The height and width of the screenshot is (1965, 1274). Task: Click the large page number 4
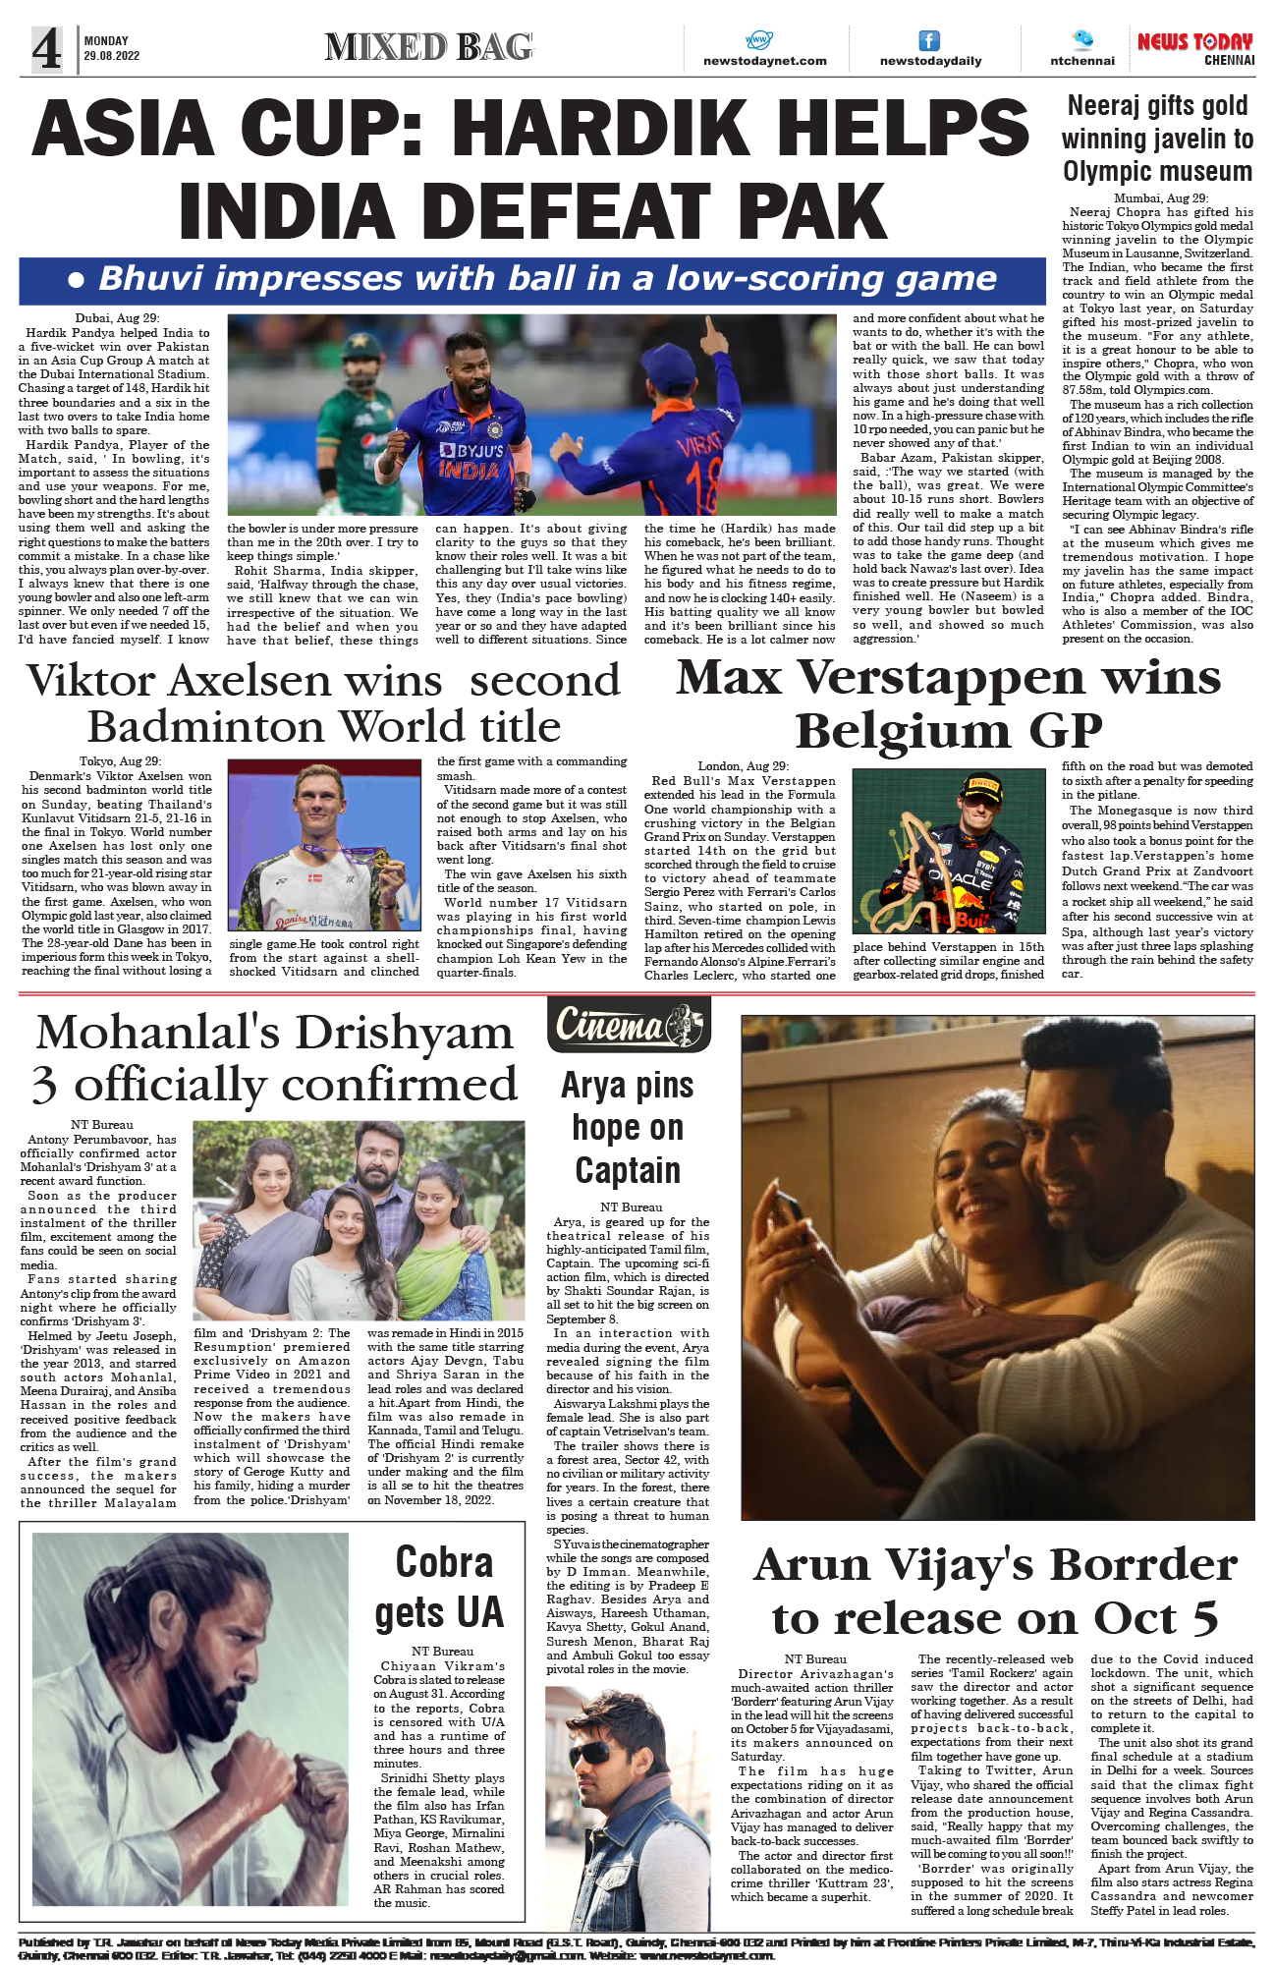pyautogui.click(x=46, y=49)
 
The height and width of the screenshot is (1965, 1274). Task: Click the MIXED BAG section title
pyautogui.click(x=428, y=46)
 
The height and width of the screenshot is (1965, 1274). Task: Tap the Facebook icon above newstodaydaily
pyautogui.click(x=928, y=40)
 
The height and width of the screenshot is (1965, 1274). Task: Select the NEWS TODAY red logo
pyautogui.click(x=1194, y=42)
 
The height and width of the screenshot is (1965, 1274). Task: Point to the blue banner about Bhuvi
pyautogui.click(x=531, y=280)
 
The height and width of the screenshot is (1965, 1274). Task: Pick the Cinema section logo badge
pyautogui.click(x=629, y=1025)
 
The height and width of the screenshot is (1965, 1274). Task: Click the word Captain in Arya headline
pyautogui.click(x=628, y=1170)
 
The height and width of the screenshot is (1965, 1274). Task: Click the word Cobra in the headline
pyautogui.click(x=444, y=1562)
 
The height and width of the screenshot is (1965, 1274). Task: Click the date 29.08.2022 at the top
pyautogui.click(x=111, y=56)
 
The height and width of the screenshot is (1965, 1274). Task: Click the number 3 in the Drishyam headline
pyautogui.click(x=44, y=1085)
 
